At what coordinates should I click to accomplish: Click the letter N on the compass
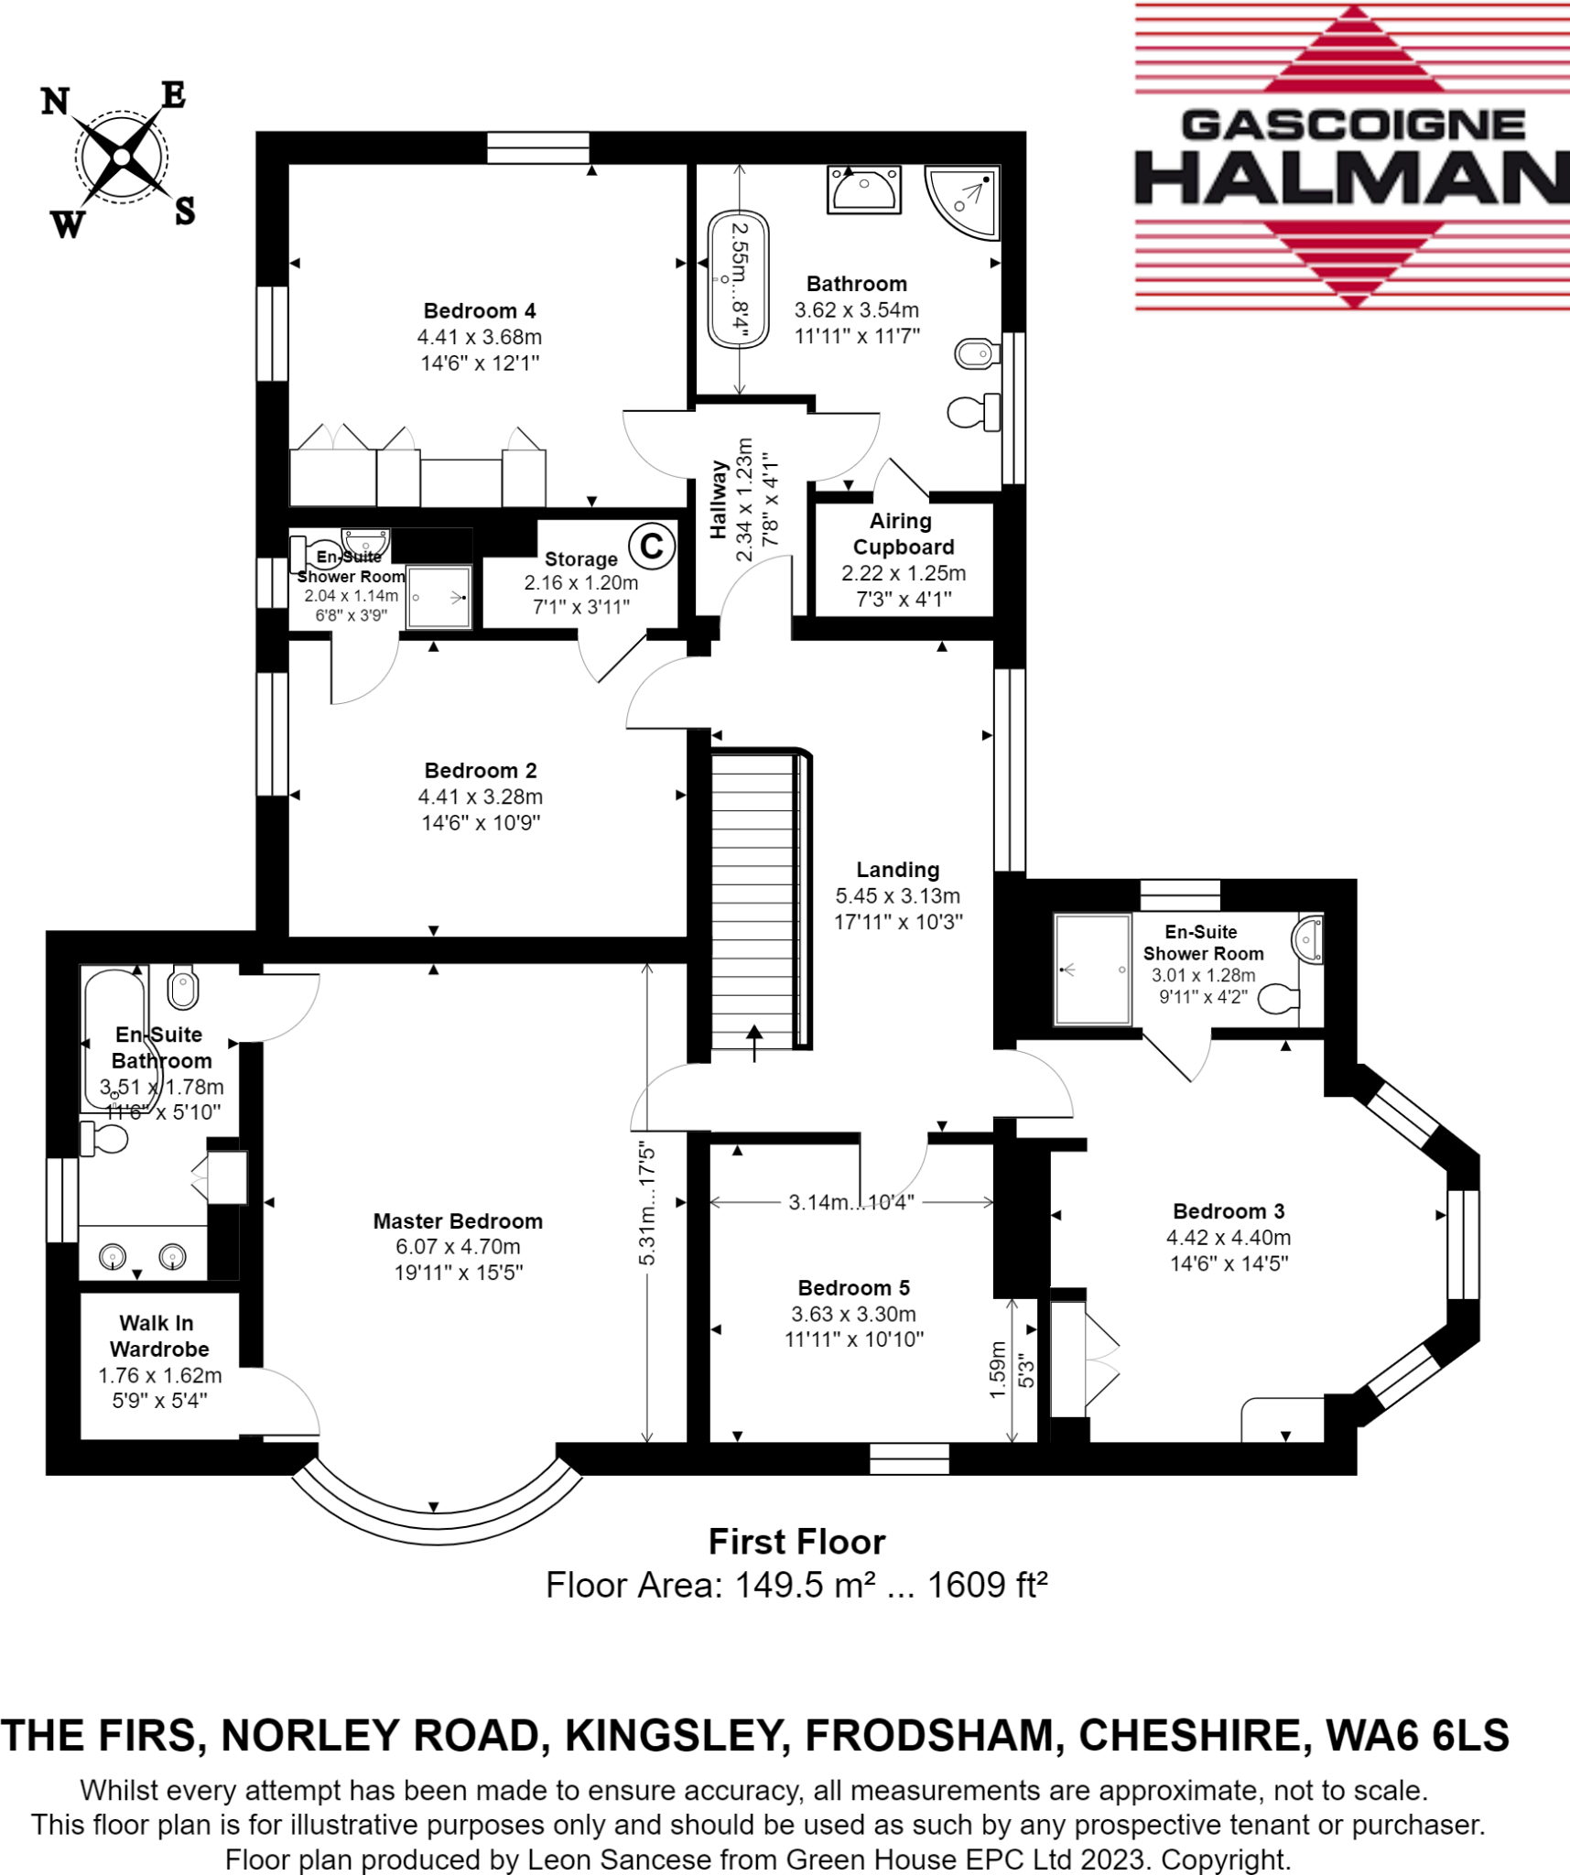tap(55, 101)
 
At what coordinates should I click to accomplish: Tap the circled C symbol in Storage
tap(651, 546)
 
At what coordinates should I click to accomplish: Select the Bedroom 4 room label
tap(480, 311)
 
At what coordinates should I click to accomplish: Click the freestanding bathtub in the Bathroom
tap(738, 280)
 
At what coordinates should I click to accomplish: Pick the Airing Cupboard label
tap(903, 534)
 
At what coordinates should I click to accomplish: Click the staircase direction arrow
tap(754, 1040)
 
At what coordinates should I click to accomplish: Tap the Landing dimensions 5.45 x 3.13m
tap(897, 895)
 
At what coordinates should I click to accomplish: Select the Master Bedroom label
tap(458, 1220)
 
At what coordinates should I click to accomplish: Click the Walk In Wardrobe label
tap(159, 1336)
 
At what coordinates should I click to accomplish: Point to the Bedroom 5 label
tap(853, 1288)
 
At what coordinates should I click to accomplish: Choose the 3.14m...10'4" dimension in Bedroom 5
tap(851, 1202)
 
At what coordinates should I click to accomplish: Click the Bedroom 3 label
tap(1229, 1211)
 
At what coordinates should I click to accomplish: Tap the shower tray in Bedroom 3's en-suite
tap(1092, 969)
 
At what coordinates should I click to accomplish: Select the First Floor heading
tap(796, 1542)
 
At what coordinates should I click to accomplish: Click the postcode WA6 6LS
tap(1417, 1735)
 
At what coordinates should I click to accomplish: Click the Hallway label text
tap(718, 499)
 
